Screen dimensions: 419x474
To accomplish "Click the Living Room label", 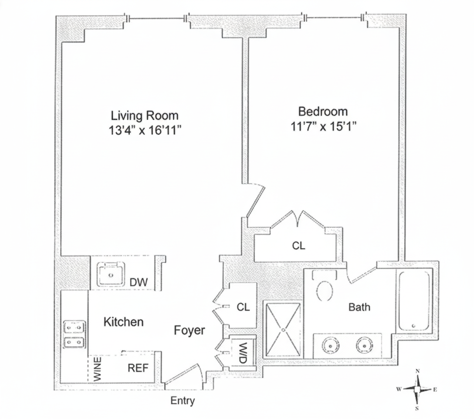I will [145, 116].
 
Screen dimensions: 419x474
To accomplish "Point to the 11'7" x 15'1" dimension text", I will [323, 127].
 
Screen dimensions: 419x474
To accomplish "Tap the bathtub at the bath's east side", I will [414, 301].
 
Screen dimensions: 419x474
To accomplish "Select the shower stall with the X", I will [283, 329].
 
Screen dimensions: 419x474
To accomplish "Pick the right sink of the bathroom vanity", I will [364, 346].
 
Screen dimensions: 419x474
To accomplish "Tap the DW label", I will [139, 283].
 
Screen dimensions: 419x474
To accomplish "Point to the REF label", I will [138, 368].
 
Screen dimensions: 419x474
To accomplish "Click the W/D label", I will [242, 350].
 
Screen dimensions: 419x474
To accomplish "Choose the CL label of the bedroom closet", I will [298, 246].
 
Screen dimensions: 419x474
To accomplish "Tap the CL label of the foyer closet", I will [243, 307].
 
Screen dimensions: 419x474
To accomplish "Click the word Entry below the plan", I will [183, 401].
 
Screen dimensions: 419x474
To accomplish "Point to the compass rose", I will [417, 389].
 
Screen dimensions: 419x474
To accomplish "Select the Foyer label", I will [189, 330].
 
